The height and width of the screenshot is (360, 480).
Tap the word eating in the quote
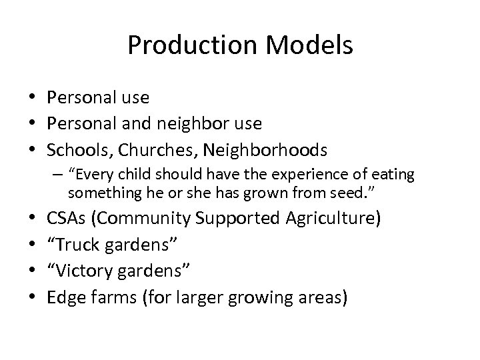click(395, 176)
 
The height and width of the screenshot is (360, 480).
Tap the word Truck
click(71, 245)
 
